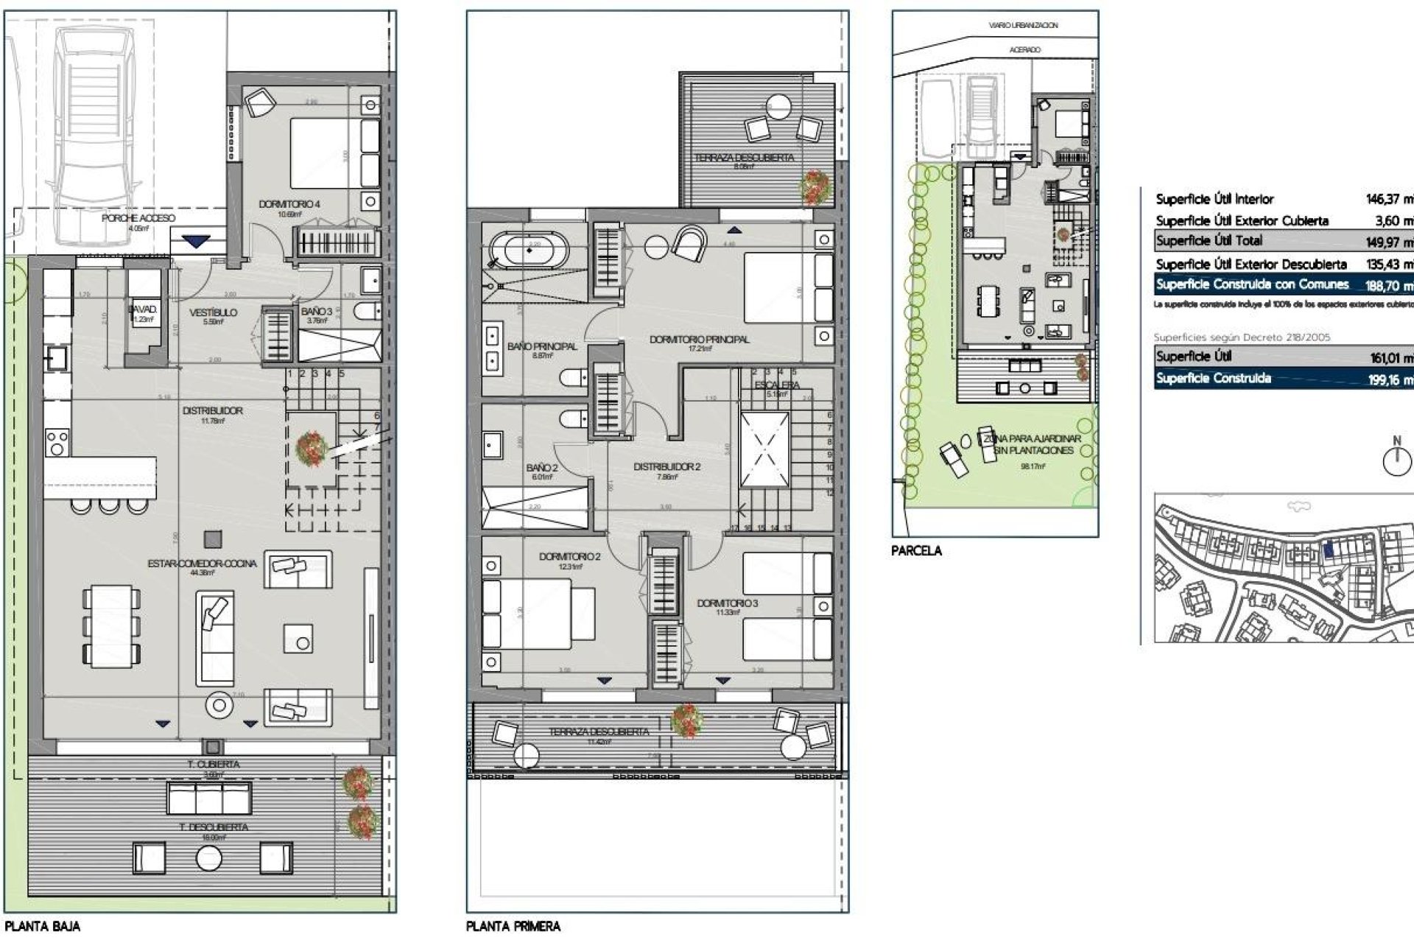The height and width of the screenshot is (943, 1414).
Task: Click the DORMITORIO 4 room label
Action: [289, 204]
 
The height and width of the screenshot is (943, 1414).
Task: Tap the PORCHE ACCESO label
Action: [138, 218]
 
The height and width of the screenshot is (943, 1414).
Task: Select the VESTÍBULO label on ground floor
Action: [213, 312]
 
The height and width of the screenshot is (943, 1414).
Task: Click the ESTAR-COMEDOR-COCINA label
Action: [202, 564]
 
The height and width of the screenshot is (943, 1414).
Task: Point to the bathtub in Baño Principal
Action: [530, 250]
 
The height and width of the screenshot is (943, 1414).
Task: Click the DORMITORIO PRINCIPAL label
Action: [699, 340]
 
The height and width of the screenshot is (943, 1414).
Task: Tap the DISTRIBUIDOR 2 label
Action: [666, 467]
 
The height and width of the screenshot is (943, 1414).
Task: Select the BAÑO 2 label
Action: [541, 468]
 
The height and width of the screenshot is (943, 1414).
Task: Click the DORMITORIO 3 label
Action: [727, 603]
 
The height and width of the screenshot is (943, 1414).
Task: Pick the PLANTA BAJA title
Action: [42, 926]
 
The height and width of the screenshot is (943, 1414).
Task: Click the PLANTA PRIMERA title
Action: [513, 926]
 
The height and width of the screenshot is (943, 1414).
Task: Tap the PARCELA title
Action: [916, 550]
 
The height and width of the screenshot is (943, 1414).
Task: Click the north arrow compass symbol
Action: [1396, 461]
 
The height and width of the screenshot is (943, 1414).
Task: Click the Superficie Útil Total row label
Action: [1209, 241]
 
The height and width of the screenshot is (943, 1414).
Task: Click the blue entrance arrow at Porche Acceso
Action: [195, 242]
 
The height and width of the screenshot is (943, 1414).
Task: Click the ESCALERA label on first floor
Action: [776, 385]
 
